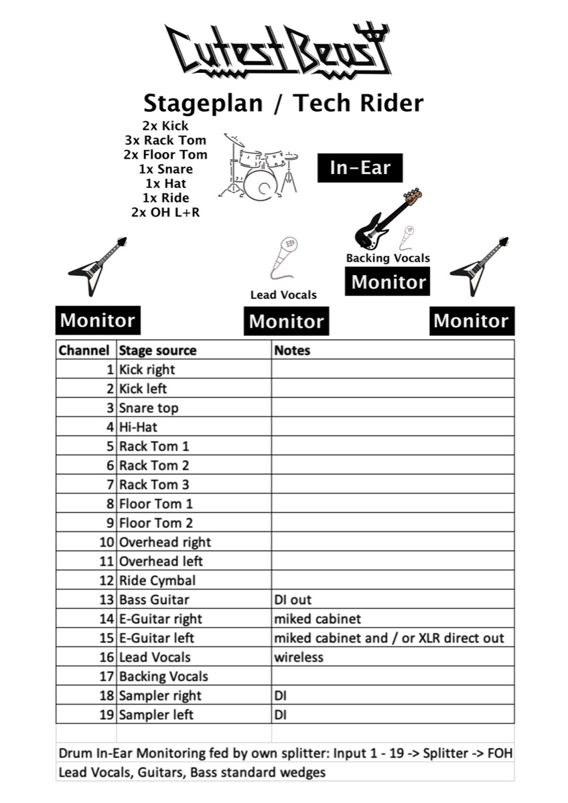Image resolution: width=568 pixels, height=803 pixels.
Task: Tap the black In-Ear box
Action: (x=360, y=167)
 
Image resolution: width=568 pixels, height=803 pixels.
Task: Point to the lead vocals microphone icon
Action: (x=284, y=258)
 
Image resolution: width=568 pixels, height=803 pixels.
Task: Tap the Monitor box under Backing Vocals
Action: (x=388, y=282)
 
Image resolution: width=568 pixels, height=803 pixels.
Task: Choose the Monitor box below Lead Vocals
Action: (x=286, y=321)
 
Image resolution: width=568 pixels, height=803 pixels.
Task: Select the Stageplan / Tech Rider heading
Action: (x=283, y=103)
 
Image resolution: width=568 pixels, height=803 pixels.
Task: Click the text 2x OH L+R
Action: (x=165, y=212)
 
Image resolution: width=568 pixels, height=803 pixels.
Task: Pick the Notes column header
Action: (x=292, y=350)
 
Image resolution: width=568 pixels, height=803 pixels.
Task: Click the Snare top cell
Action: (x=149, y=408)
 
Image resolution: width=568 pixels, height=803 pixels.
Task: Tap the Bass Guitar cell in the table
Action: (x=154, y=600)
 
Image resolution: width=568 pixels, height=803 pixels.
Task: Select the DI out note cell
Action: (x=293, y=600)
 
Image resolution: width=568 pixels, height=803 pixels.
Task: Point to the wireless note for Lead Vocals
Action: (x=299, y=657)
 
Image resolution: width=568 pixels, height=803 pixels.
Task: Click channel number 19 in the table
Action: (x=106, y=715)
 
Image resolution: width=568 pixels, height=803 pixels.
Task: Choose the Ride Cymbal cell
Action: (x=157, y=580)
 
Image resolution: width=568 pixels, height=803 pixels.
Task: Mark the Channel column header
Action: (x=84, y=350)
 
